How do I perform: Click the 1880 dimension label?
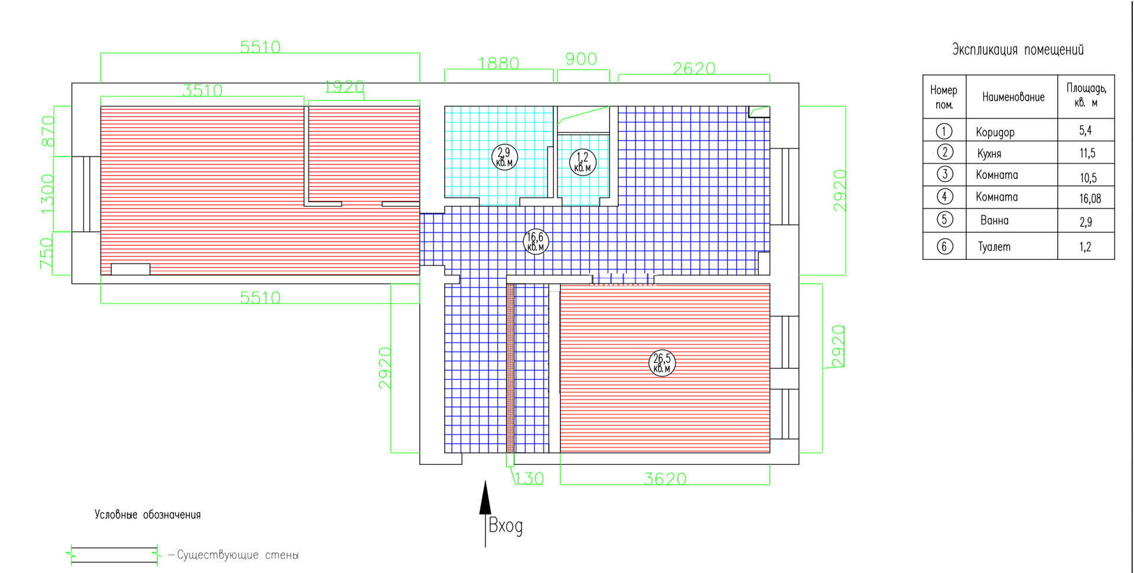pyautogui.click(x=498, y=63)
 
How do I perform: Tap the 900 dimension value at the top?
pyautogui.click(x=581, y=58)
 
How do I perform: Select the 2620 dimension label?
pyautogui.click(x=694, y=69)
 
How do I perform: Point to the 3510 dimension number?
pyautogui.click(x=203, y=90)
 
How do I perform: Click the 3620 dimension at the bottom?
pyautogui.click(x=665, y=478)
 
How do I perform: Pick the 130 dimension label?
pyautogui.click(x=529, y=478)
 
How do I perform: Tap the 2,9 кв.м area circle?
pyautogui.click(x=504, y=157)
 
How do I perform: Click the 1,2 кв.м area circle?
pyautogui.click(x=582, y=162)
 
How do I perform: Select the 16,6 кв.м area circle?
pyautogui.click(x=536, y=242)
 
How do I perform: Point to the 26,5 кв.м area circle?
pyautogui.click(x=661, y=363)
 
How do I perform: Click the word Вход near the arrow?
pyautogui.click(x=506, y=526)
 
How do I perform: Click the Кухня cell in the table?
pyautogui.click(x=989, y=154)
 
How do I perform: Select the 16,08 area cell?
pyautogui.click(x=1090, y=198)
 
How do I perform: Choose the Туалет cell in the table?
pyautogui.click(x=994, y=247)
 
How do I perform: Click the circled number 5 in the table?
pyautogui.click(x=944, y=220)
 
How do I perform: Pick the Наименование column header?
pyautogui.click(x=1013, y=97)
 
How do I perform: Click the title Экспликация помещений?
pyautogui.click(x=1018, y=50)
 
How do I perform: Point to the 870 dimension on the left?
pyautogui.click(x=48, y=131)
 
